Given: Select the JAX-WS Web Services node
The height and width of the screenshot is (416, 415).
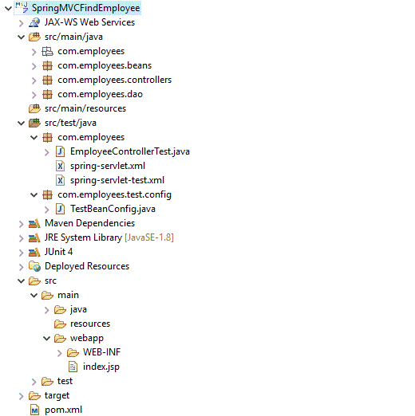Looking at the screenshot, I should pyautogui.click(x=89, y=22).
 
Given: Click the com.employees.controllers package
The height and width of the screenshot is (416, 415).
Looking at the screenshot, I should pyautogui.click(x=114, y=80).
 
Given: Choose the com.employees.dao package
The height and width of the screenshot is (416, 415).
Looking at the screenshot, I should pyautogui.click(x=100, y=94).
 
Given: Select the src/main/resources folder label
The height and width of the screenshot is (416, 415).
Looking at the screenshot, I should pyautogui.click(x=89, y=108).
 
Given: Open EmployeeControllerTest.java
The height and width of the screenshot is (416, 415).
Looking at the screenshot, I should pyautogui.click(x=129, y=151).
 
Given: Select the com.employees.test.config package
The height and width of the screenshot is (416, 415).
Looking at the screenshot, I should pyautogui.click(x=114, y=194).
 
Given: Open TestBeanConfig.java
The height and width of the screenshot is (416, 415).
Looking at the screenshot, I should pyautogui.click(x=113, y=209).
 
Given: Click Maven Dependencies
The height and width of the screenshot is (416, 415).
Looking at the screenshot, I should pyautogui.click(x=89, y=223).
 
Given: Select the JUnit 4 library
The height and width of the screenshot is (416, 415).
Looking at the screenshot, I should pyautogui.click(x=58, y=252).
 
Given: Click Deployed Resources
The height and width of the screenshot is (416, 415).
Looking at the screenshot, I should pyautogui.click(x=86, y=266).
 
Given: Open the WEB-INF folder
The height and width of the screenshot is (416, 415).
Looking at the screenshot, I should pyautogui.click(x=101, y=352).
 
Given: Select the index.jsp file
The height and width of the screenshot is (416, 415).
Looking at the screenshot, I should pyautogui.click(x=101, y=367).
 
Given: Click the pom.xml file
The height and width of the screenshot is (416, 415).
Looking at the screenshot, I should pyautogui.click(x=63, y=410).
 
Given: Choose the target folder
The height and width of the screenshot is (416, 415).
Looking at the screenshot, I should pyautogui.click(x=57, y=395).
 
